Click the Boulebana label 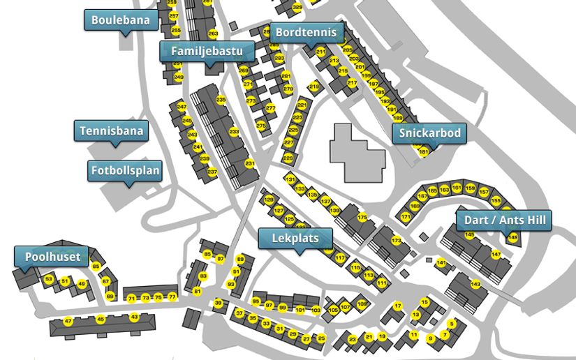[120, 20]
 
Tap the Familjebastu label [202, 52]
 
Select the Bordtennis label [306, 32]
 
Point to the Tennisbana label [111, 130]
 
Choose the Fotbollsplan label [125, 170]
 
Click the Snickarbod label [429, 133]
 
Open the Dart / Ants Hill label [503, 220]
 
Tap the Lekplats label [295, 239]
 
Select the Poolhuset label [53, 257]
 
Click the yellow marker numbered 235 [221, 100]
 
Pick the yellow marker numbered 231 [249, 164]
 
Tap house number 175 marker [362, 218]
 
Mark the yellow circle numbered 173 [397, 241]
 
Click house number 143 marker [475, 284]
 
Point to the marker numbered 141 [441, 263]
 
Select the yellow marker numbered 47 [68, 321]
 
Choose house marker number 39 [218, 303]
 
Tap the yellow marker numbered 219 [314, 87]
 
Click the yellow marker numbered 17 [398, 306]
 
